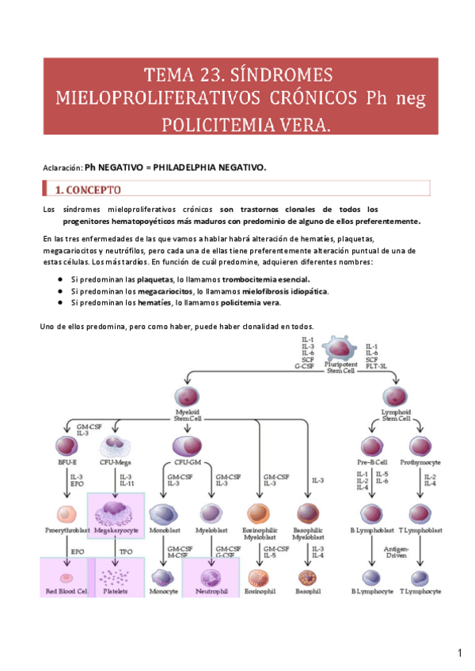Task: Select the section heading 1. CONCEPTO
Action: click(x=87, y=190)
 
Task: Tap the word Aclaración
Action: click(x=62, y=167)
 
